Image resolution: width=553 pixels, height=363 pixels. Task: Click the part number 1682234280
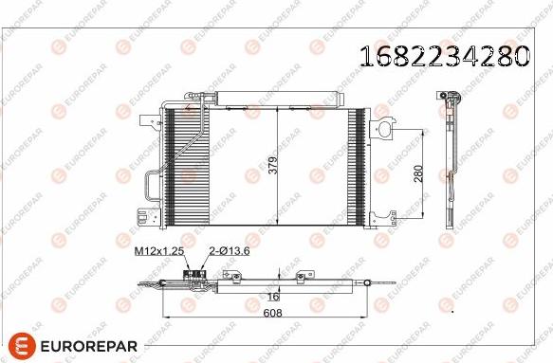pyautogui.click(x=444, y=57)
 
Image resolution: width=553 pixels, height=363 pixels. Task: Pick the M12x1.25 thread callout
pyautogui.click(x=157, y=250)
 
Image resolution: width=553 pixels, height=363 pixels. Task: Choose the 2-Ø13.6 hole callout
pyautogui.click(x=227, y=250)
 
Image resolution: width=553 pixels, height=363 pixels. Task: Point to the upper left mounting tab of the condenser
pyautogui.click(x=150, y=122)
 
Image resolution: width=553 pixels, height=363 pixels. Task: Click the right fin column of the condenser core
pyautogui.click(x=359, y=166)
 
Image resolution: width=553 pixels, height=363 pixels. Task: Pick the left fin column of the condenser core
pyautogui.click(x=171, y=166)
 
